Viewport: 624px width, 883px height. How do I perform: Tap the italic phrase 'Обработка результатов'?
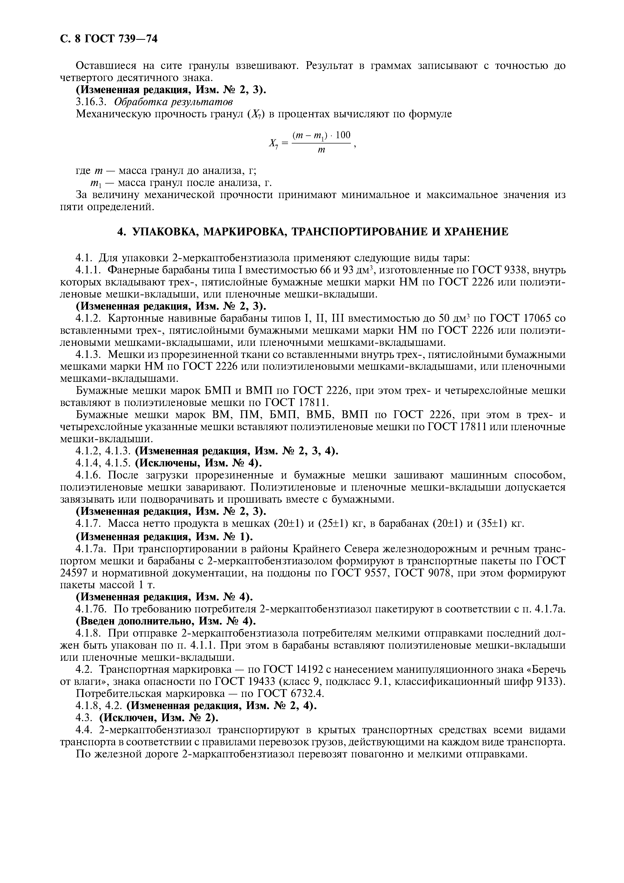click(x=173, y=102)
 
